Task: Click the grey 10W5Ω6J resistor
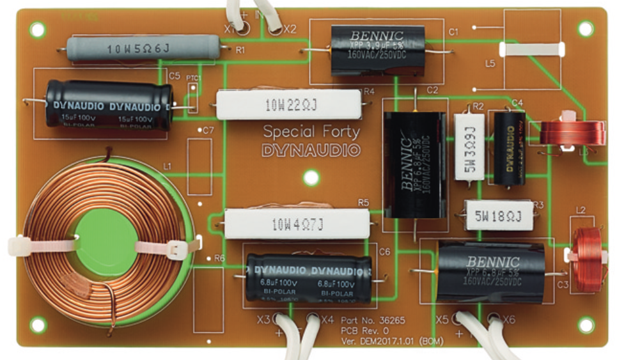coord(144,47)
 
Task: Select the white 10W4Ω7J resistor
coord(292,224)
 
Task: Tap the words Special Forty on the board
coord(311,132)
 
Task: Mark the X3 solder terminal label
coord(263,319)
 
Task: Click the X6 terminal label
coord(508,319)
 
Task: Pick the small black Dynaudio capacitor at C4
coord(510,148)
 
